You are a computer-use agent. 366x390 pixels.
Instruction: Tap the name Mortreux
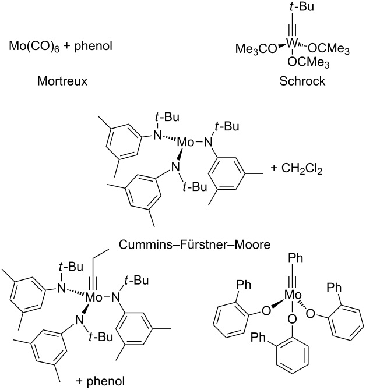pyautogui.click(x=61, y=82)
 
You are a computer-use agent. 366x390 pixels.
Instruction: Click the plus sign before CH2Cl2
pyautogui.click(x=275, y=169)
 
